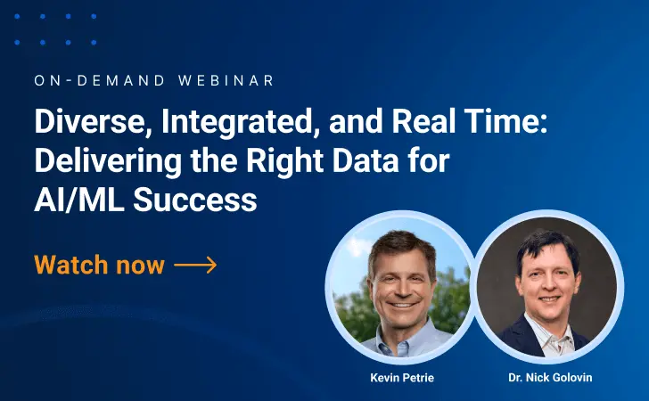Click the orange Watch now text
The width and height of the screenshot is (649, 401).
[99, 265]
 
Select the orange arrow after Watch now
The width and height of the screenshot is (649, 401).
[195, 265]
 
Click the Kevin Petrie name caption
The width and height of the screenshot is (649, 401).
[401, 378]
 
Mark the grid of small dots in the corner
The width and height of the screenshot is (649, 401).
[67, 29]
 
